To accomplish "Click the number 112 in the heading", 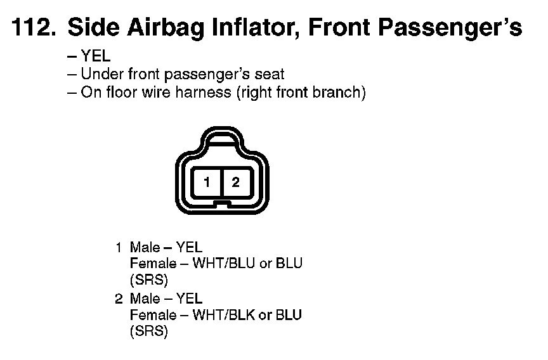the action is point(34,27).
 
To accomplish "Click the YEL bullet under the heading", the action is point(96,56).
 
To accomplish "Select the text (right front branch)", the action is point(301,93).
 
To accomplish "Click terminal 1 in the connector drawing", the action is point(207,182).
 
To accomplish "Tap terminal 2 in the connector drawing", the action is point(236,182).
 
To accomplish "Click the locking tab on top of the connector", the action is point(221,138).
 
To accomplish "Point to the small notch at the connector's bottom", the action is point(222,203).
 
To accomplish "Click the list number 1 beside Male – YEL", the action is point(119,248).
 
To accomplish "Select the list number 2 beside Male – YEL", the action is point(119,299).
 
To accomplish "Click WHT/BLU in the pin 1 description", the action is point(224,263).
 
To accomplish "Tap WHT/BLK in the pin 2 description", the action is point(224,315).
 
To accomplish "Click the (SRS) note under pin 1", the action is point(149,280).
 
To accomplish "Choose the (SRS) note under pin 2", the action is point(149,331).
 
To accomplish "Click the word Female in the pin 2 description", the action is point(153,315).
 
